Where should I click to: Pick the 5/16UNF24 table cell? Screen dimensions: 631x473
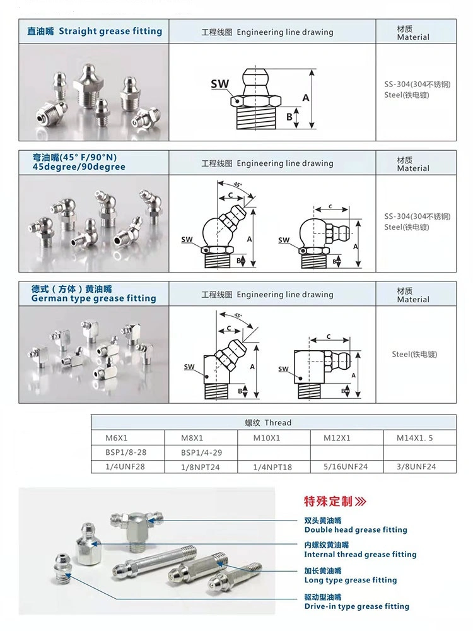point(345,467)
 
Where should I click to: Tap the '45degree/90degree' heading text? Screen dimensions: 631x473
point(78,167)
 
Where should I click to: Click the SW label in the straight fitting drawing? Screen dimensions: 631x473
point(219,83)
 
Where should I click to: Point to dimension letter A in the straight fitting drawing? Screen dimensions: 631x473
point(305,98)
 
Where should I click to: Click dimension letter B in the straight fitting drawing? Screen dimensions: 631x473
point(289,117)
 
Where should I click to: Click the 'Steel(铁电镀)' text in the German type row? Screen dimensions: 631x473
point(414,354)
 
